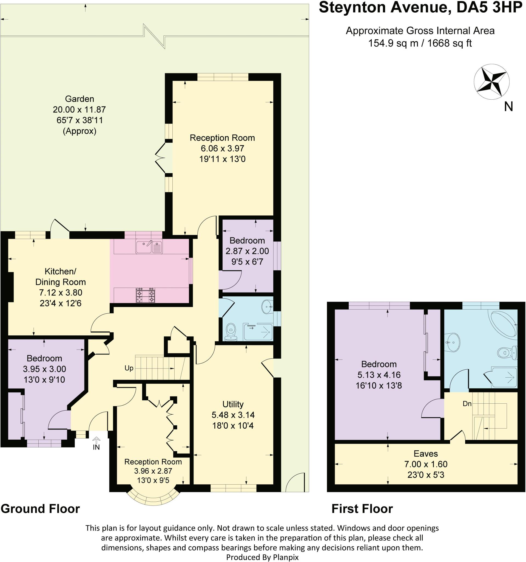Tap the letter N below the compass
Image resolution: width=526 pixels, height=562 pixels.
[508, 106]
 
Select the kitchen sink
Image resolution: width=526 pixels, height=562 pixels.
[149, 247]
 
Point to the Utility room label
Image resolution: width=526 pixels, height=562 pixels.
[233, 404]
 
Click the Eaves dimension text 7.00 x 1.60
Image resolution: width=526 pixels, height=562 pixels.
[426, 464]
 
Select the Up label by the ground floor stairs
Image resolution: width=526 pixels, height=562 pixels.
[129, 368]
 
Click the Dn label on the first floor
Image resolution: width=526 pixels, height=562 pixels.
[467, 404]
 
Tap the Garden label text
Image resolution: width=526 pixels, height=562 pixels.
[79, 99]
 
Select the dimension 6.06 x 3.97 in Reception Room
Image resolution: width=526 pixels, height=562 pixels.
[223, 148]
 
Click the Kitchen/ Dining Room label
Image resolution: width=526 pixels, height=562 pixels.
[60, 277]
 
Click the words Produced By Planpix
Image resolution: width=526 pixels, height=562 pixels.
[262, 557]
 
